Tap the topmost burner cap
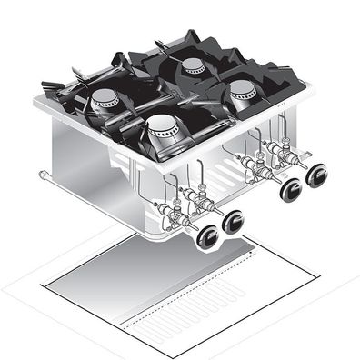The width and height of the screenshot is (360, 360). coord(193,65)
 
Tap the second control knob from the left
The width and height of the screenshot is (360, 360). coord(234,221)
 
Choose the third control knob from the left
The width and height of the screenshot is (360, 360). coord(292,189)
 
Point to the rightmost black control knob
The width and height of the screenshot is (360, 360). coord(316,175)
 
